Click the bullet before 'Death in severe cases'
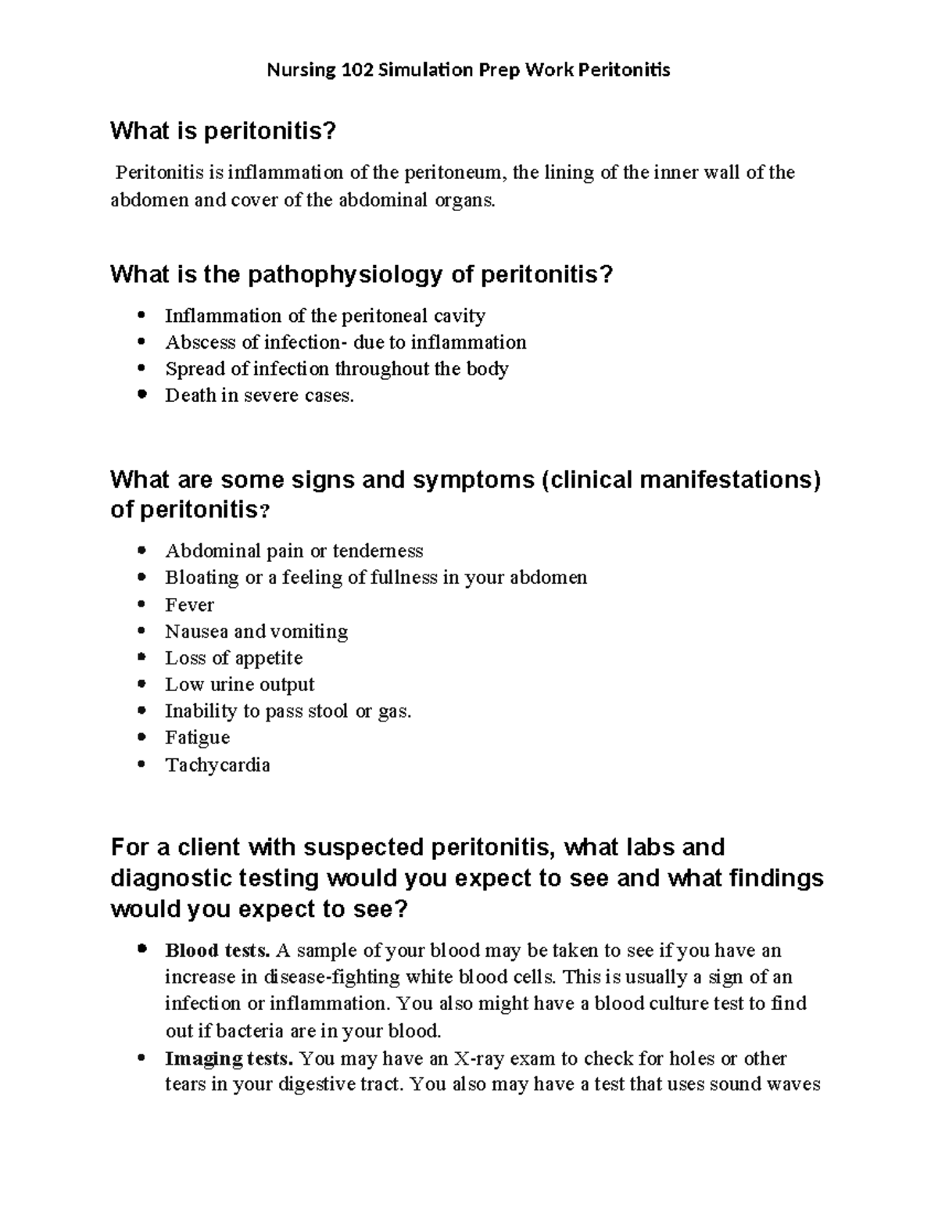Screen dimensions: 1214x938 click(141, 396)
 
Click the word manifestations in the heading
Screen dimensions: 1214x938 click(725, 479)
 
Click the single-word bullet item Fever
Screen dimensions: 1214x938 click(189, 605)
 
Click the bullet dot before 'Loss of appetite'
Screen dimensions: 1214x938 click(141, 658)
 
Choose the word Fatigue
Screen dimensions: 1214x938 click(197, 738)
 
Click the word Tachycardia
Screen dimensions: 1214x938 click(217, 765)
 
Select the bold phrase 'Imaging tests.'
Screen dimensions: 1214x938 click(229, 1058)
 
